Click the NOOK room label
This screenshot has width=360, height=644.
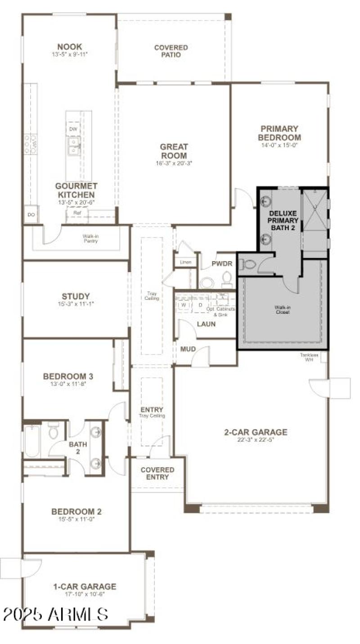pyautogui.click(x=69, y=47)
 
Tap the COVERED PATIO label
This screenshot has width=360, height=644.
pyautogui.click(x=171, y=51)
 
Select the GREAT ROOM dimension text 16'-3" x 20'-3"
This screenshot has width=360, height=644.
pyautogui.click(x=174, y=163)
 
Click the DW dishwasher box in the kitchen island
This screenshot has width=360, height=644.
pyautogui.click(x=73, y=130)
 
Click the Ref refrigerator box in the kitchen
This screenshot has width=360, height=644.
pyautogui.click(x=72, y=213)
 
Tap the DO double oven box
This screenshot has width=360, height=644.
pyautogui.click(x=31, y=215)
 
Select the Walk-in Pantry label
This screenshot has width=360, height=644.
pyautogui.click(x=90, y=238)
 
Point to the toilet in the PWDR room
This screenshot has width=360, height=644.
pyautogui.click(x=227, y=280)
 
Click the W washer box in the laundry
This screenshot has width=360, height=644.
pyautogui.click(x=184, y=305)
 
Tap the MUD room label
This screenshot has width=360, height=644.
pyautogui.click(x=188, y=349)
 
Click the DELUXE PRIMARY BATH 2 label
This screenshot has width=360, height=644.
pyautogui.click(x=283, y=221)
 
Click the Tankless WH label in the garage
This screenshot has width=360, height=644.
pyautogui.click(x=309, y=357)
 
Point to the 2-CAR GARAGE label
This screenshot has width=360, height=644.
pyautogui.click(x=256, y=432)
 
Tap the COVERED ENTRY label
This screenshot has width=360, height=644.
pyautogui.click(x=157, y=473)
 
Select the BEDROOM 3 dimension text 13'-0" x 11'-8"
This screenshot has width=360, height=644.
pyautogui.click(x=68, y=384)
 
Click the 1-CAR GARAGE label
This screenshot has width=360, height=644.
pyautogui.click(x=85, y=587)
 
